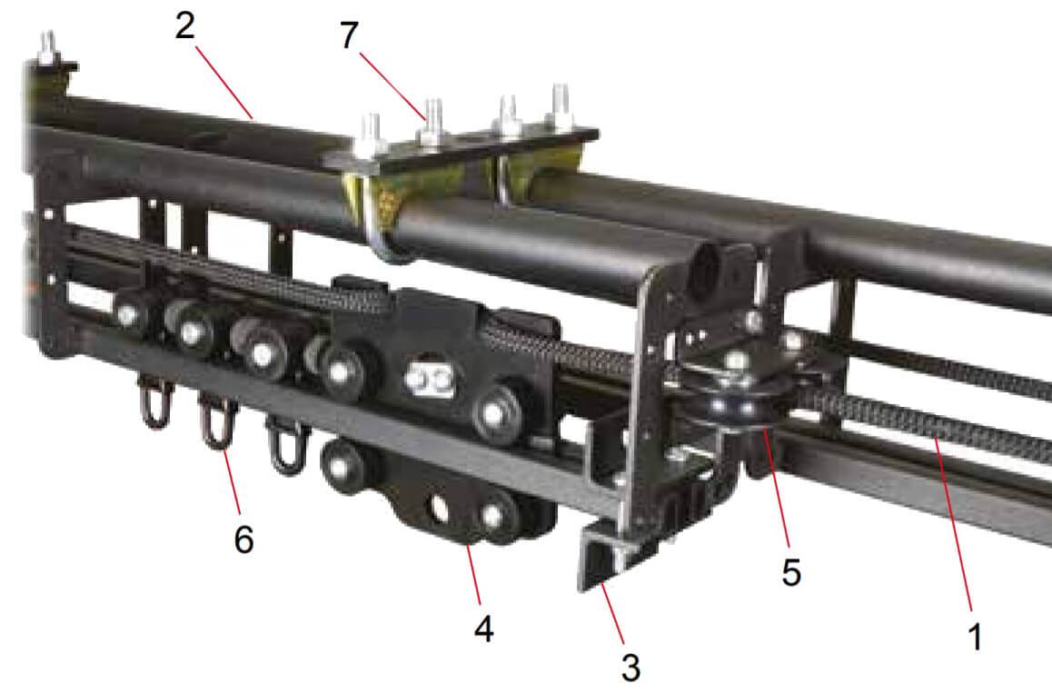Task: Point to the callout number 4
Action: pyautogui.click(x=484, y=628)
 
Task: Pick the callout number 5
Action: pyautogui.click(x=791, y=572)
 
